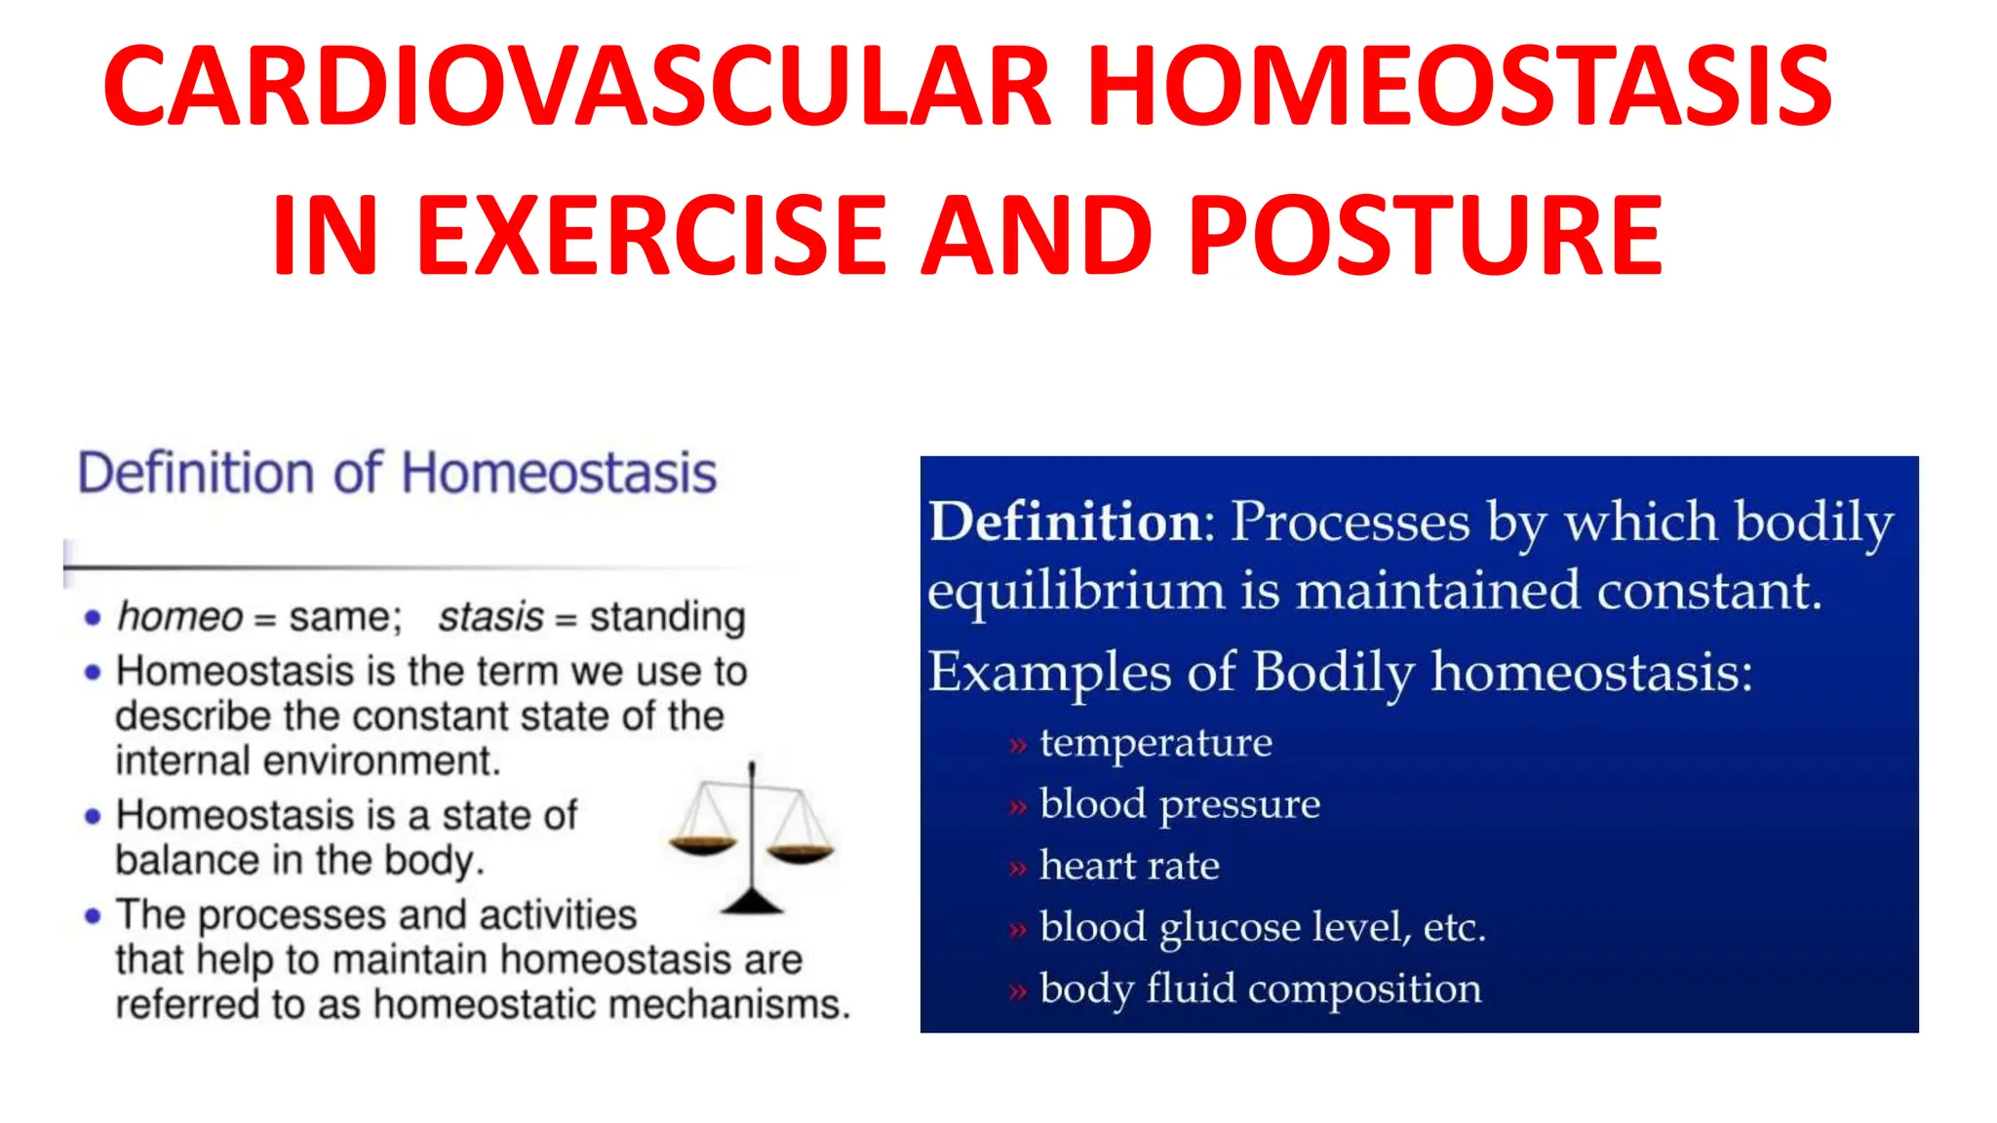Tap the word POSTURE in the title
point(1426,235)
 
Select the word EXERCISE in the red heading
point(651,235)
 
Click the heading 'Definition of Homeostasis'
point(397,474)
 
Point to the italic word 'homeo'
point(179,617)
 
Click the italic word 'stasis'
point(490,617)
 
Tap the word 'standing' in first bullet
point(668,617)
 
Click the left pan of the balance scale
point(702,844)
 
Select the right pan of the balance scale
point(801,854)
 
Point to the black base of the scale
point(752,904)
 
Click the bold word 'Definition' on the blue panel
point(1066,522)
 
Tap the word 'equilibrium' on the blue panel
point(1075,593)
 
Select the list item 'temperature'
point(1155,743)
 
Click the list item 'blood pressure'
point(1179,804)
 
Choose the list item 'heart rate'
point(1129,866)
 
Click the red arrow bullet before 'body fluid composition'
point(1018,992)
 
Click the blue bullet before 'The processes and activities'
point(93,916)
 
